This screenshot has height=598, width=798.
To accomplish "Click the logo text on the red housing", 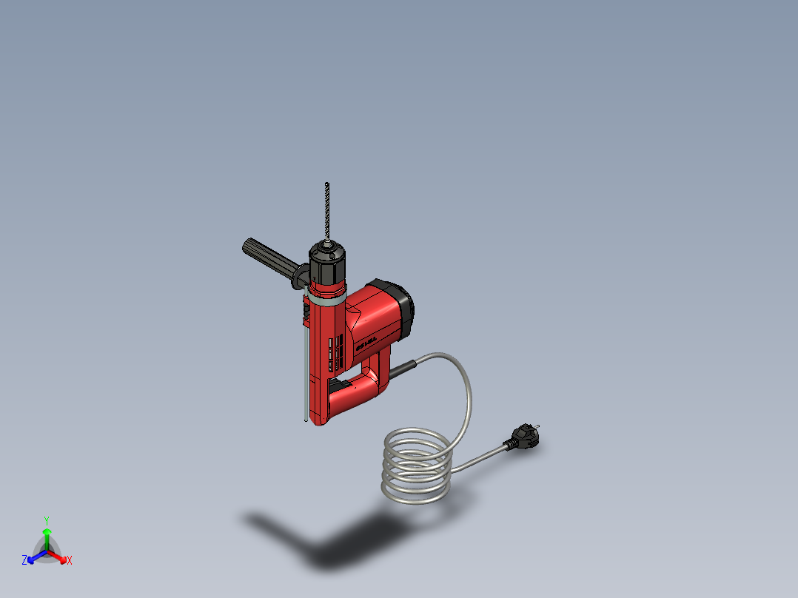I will pos(367,341).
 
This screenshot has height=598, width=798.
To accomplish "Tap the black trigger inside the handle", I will pos(341,386).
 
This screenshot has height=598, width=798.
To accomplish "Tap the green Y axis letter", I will pos(46,520).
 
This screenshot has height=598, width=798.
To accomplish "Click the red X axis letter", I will pos(70,561).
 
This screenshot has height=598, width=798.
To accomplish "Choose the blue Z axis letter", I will pos(24,561).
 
